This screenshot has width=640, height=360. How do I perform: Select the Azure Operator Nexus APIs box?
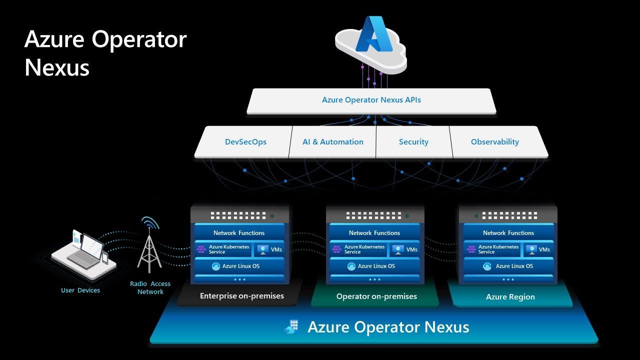click(x=371, y=100)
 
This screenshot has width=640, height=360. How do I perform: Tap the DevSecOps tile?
click(x=245, y=142)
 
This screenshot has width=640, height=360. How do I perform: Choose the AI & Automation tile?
click(x=332, y=142)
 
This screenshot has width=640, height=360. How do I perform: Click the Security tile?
click(x=413, y=142)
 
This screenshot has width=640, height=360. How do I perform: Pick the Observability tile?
click(x=494, y=142)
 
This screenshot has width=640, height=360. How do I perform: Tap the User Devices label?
click(x=80, y=290)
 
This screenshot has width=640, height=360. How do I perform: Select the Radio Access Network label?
click(x=150, y=287)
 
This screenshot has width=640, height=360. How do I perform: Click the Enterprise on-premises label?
click(x=241, y=296)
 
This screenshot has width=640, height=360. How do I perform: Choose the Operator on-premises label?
click(x=376, y=296)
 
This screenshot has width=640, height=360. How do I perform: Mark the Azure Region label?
click(x=510, y=297)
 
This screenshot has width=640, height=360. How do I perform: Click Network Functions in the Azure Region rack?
click(x=508, y=233)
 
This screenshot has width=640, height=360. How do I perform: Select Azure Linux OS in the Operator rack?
click(x=375, y=266)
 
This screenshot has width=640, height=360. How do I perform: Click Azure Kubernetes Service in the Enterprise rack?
click(x=223, y=249)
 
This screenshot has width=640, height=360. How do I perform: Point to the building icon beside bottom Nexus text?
click(x=292, y=327)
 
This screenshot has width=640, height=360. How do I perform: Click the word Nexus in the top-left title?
click(x=56, y=67)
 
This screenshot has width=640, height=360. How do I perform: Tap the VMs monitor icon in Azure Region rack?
click(x=530, y=249)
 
